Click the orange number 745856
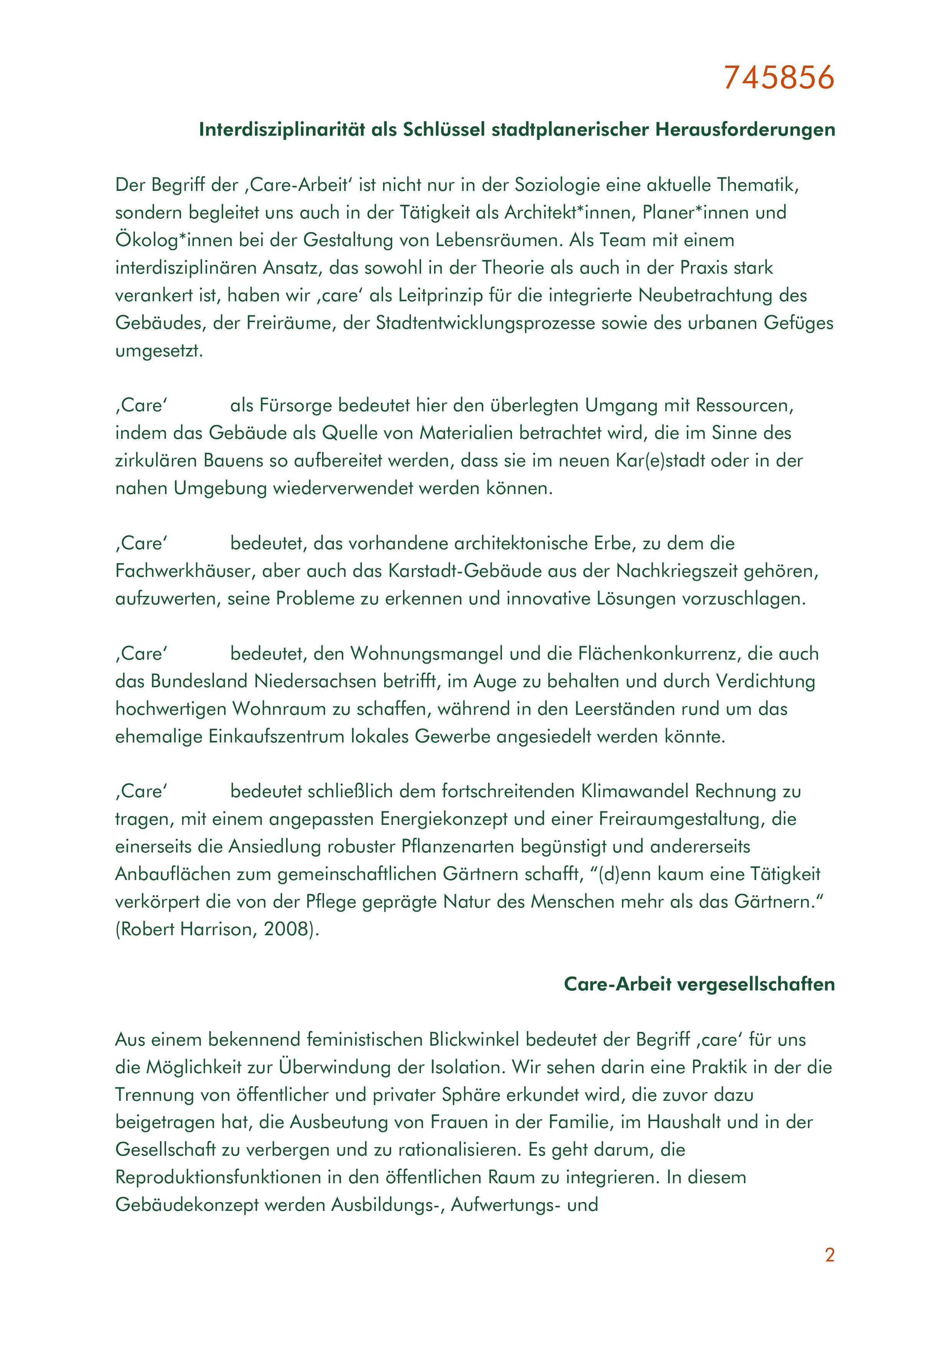pos(779,77)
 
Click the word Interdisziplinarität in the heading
pos(283,130)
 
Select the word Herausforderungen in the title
pos(745,130)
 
